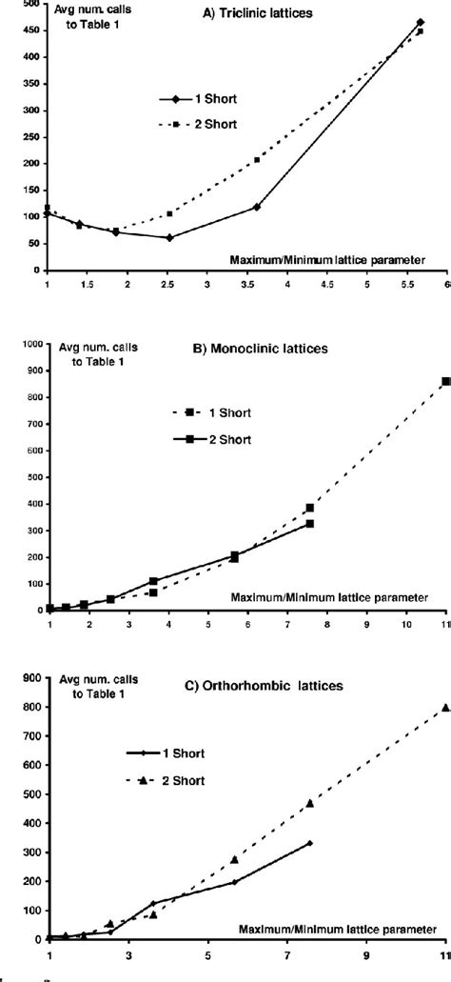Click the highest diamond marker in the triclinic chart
coord(420,22)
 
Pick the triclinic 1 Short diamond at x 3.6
coord(257,207)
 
